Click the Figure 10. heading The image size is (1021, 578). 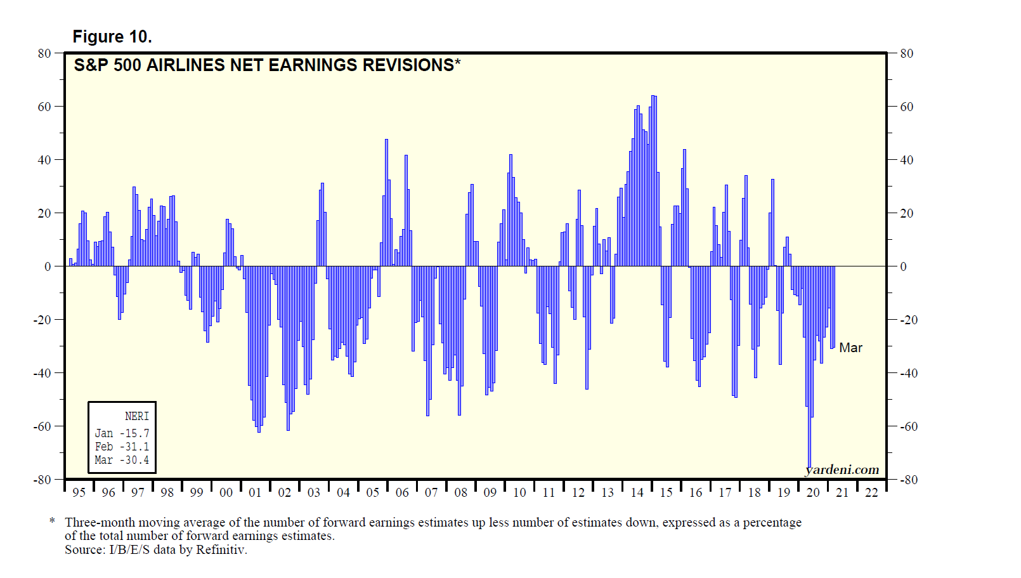112,37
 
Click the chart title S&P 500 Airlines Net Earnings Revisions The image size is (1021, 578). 266,65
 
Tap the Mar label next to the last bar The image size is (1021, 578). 850,348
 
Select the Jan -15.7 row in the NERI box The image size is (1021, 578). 122,433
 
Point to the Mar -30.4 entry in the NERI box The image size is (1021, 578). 122,460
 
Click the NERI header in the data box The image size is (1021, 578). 137,416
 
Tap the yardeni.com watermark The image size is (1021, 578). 842,470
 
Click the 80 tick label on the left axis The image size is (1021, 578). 44,53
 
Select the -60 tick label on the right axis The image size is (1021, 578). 909,426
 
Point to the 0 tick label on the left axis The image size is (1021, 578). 48,266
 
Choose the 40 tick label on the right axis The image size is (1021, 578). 907,160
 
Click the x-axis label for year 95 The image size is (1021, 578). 79,492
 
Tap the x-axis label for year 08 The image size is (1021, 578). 461,492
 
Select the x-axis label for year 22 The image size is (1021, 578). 872,492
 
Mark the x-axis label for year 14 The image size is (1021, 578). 637,492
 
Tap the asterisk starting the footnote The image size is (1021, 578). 52,522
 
